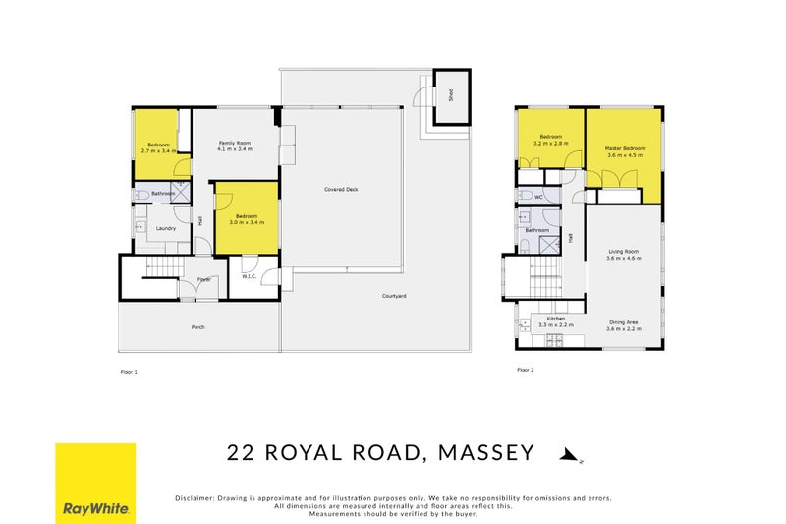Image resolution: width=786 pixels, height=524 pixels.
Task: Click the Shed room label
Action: [x=452, y=96]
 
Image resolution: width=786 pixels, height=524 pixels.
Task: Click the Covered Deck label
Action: [x=340, y=189]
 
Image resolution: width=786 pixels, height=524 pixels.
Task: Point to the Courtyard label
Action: [x=395, y=296]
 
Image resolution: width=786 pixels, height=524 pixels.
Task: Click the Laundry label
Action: [x=166, y=228]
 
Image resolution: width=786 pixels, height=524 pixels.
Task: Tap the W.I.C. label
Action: [x=249, y=276]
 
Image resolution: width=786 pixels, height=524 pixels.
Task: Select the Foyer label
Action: [x=203, y=279]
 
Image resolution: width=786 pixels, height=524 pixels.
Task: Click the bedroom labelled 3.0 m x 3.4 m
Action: [x=247, y=219]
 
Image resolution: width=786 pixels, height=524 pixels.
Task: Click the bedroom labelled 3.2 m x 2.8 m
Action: [x=550, y=140]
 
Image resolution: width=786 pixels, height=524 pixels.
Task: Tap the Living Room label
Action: [x=624, y=255]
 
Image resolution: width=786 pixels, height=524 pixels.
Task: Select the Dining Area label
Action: [x=624, y=325]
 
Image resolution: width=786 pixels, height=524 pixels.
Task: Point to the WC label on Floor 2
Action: [x=539, y=197]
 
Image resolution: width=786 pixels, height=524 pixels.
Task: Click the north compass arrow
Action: [x=567, y=454]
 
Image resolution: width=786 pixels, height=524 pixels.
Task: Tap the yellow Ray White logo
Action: [x=95, y=483]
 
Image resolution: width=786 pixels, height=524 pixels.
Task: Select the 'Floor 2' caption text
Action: [x=526, y=371]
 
